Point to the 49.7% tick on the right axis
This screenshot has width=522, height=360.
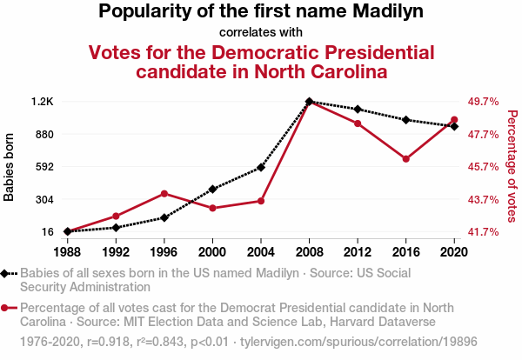point(483,102)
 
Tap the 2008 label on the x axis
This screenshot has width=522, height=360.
point(309,252)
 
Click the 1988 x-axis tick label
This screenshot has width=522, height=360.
point(67,252)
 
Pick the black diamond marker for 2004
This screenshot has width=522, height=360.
point(260,167)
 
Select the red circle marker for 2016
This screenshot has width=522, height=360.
point(405,159)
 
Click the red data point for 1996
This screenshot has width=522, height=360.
point(164,193)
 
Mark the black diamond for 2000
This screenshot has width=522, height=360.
point(212,189)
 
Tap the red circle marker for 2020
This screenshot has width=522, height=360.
point(454,120)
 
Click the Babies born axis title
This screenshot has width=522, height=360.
point(10,167)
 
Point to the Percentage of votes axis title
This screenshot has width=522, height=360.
point(512,165)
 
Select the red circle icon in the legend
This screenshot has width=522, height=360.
point(6,308)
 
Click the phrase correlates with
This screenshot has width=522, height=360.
point(261,32)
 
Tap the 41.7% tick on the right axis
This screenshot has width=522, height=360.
point(483,232)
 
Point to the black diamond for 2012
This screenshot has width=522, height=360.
point(358,109)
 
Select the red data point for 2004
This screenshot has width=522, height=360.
point(260,201)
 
